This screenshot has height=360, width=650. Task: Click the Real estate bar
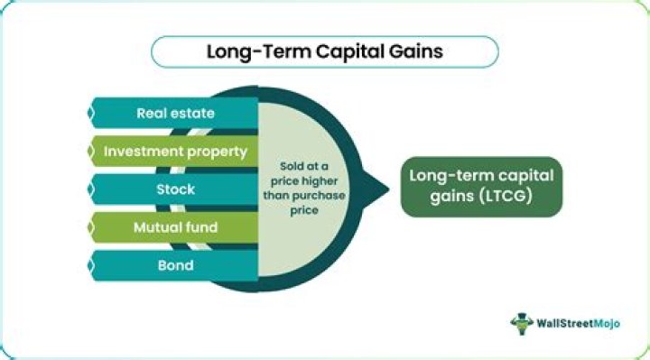click(x=174, y=113)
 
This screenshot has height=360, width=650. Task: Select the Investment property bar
click(x=174, y=152)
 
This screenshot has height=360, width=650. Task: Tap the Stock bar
click(x=174, y=189)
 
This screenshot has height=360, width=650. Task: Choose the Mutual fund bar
click(x=174, y=227)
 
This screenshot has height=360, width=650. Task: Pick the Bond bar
click(x=174, y=265)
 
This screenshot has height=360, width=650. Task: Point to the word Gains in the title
click(x=416, y=51)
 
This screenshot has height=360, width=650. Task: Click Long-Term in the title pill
click(x=259, y=52)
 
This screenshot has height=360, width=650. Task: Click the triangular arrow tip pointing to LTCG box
click(x=389, y=189)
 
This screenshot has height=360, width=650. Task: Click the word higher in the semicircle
click(x=320, y=181)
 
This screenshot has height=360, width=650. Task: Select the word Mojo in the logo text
click(x=607, y=324)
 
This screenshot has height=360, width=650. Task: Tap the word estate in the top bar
click(x=192, y=113)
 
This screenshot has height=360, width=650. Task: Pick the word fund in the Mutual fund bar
click(x=202, y=227)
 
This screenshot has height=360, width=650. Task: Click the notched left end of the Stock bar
click(x=91, y=189)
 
